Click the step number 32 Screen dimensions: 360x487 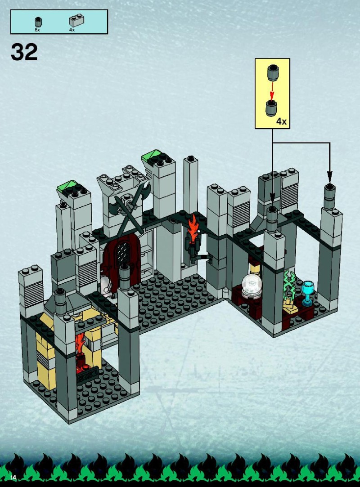click(24, 52)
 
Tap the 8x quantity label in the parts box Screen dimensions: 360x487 click(37, 30)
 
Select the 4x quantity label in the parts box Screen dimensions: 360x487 click(72, 30)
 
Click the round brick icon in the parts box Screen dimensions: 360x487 click(38, 22)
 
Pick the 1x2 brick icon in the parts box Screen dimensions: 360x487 click(76, 21)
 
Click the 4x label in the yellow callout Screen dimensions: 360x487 click(281, 121)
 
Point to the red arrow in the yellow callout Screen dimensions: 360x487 click(272, 91)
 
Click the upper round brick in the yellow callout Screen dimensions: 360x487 click(273, 73)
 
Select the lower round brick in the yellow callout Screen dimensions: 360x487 click(272, 108)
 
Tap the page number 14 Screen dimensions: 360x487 click(13, 477)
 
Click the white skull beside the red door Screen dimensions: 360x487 click(105, 284)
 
